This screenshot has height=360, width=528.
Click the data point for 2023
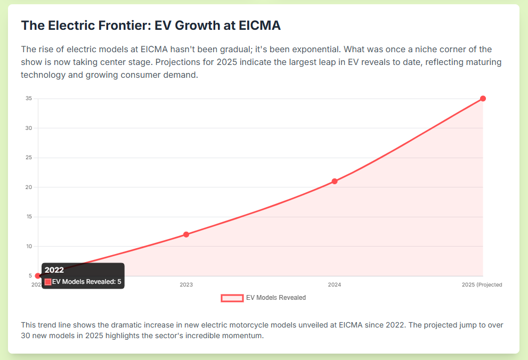coord(186,234)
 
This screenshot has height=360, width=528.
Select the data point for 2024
coord(335,181)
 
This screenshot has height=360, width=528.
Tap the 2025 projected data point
coord(483,99)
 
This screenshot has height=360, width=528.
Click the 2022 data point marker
coord(38,276)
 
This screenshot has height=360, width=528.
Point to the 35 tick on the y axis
coord(29,99)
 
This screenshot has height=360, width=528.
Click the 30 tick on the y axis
coord(29,128)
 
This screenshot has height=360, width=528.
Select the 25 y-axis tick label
coord(29,158)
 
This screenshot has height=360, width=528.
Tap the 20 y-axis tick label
coord(29,187)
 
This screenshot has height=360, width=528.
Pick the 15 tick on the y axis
coord(29,217)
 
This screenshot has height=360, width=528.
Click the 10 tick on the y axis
coord(29,247)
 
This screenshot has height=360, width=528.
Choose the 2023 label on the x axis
coord(186,285)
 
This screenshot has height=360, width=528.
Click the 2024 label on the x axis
coord(335,285)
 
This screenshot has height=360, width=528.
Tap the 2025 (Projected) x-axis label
coord(482,285)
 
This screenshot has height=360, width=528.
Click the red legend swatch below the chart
coord(232,298)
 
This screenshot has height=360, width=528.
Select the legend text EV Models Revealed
coord(276,298)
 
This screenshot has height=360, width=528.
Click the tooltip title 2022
coord(54,270)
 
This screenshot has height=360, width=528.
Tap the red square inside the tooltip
coord(48,282)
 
